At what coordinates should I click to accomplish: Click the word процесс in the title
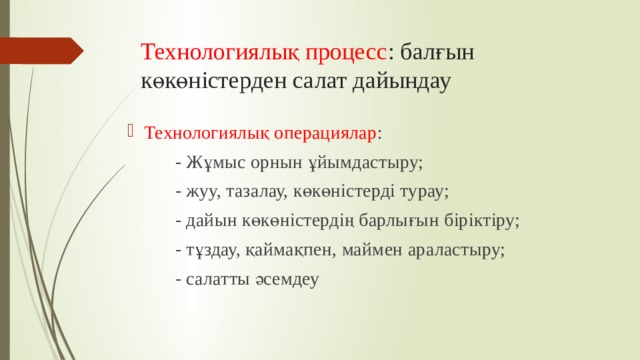tap(339, 51)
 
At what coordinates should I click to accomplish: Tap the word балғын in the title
tap(432, 51)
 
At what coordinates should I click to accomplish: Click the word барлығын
tap(410, 220)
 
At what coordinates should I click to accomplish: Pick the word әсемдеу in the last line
tap(284, 279)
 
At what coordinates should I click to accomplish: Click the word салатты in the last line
tap(213, 279)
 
